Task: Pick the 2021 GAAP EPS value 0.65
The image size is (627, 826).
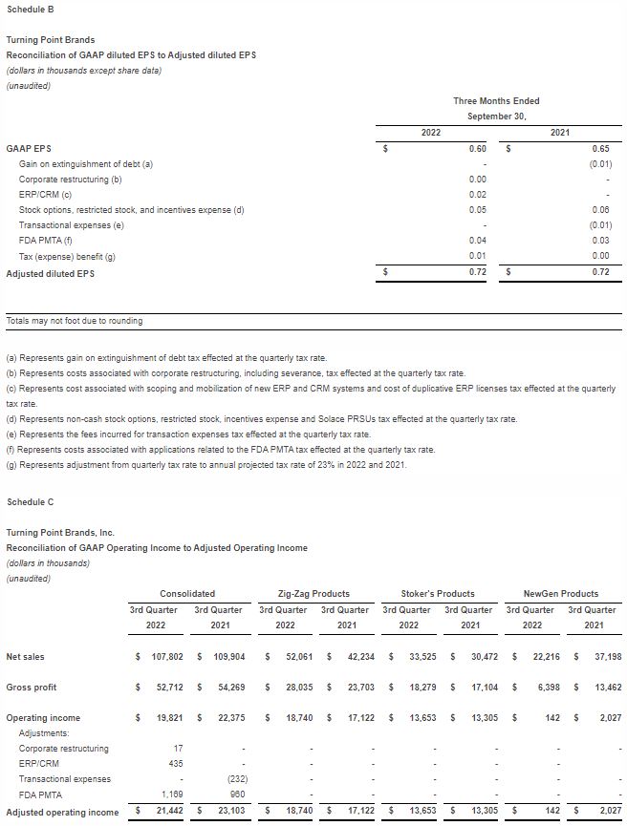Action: coord(600,149)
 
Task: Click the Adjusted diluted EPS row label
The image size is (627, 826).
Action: coord(51,273)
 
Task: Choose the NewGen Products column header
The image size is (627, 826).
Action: coord(561,593)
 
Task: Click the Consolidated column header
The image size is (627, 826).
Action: coord(187,593)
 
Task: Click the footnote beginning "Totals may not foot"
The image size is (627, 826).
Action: coord(75,321)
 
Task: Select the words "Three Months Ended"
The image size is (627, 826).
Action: coord(496,101)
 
